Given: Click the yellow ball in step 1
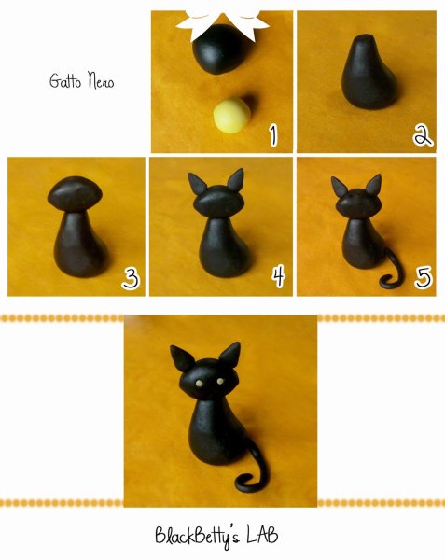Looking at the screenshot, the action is pos(232,116).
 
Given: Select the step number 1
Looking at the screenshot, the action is pos(273,135).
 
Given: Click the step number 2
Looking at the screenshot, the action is pos(423,135).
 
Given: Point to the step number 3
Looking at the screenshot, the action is pos(131,279).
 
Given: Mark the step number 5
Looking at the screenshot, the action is pos(424,277).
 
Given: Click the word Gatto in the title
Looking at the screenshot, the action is pos(65,80).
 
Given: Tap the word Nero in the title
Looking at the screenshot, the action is pos(102,80).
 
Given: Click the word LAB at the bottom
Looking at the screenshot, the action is pos(262,535).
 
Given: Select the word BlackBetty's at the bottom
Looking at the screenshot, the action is pos(197,537).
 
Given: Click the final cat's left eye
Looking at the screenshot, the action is pos(199,384).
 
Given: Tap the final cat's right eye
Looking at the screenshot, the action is pos(220,381).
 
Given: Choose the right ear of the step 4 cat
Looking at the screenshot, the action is pos(236,180).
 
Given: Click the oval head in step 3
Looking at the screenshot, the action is pos(75,195).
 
